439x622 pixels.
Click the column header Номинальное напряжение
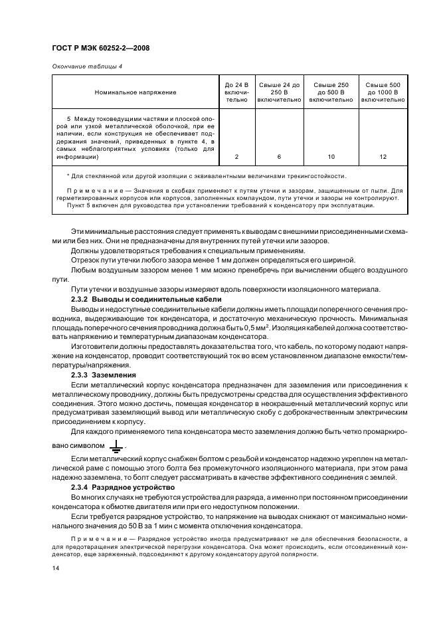coord(135,92)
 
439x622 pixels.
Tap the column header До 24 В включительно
coord(236,92)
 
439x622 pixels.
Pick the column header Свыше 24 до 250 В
coord(279,92)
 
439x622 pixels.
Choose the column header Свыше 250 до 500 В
coord(331,92)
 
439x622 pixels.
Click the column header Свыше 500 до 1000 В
coord(383,92)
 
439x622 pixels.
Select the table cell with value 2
coord(236,157)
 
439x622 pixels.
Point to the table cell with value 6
coord(279,157)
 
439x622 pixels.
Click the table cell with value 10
coord(331,157)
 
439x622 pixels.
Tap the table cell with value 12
coord(383,157)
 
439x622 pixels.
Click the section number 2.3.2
coord(81,300)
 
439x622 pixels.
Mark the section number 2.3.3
coord(81,375)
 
